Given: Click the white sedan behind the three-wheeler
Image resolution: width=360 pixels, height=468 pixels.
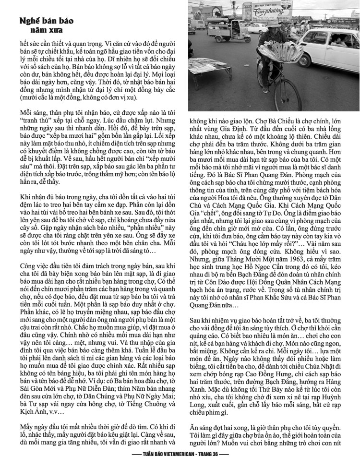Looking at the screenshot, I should click(x=257, y=28).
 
